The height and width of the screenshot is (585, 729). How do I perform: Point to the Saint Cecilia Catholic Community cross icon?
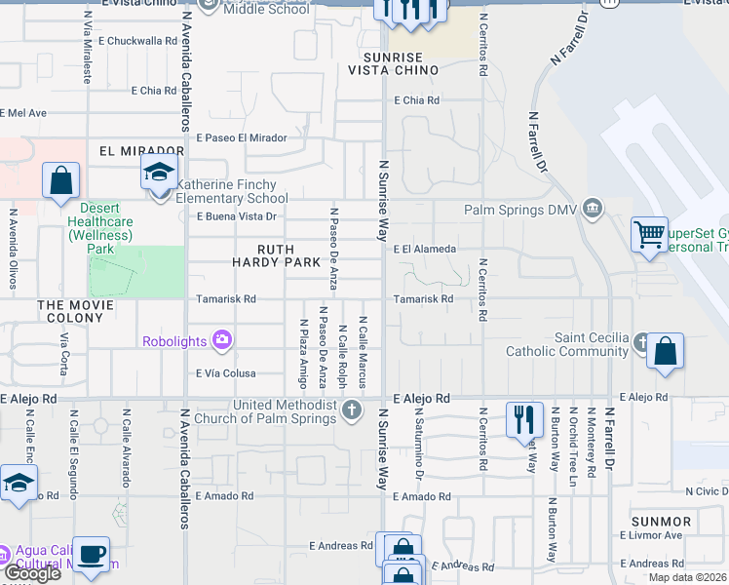pos(640,342)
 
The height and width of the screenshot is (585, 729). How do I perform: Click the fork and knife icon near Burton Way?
pos(524,419)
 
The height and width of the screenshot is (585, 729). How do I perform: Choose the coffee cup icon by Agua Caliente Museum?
pos(92,554)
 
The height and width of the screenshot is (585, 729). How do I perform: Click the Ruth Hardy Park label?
pos(276,254)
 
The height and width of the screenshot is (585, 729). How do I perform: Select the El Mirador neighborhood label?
pos(141,152)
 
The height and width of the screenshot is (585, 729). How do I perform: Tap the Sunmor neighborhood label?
pos(662,522)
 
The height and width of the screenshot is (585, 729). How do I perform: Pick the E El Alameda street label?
pos(426,250)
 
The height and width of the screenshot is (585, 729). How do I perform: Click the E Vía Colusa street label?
pos(225,373)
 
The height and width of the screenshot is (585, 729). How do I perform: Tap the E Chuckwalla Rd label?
pos(138,41)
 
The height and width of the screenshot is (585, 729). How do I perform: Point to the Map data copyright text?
pos(687,577)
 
